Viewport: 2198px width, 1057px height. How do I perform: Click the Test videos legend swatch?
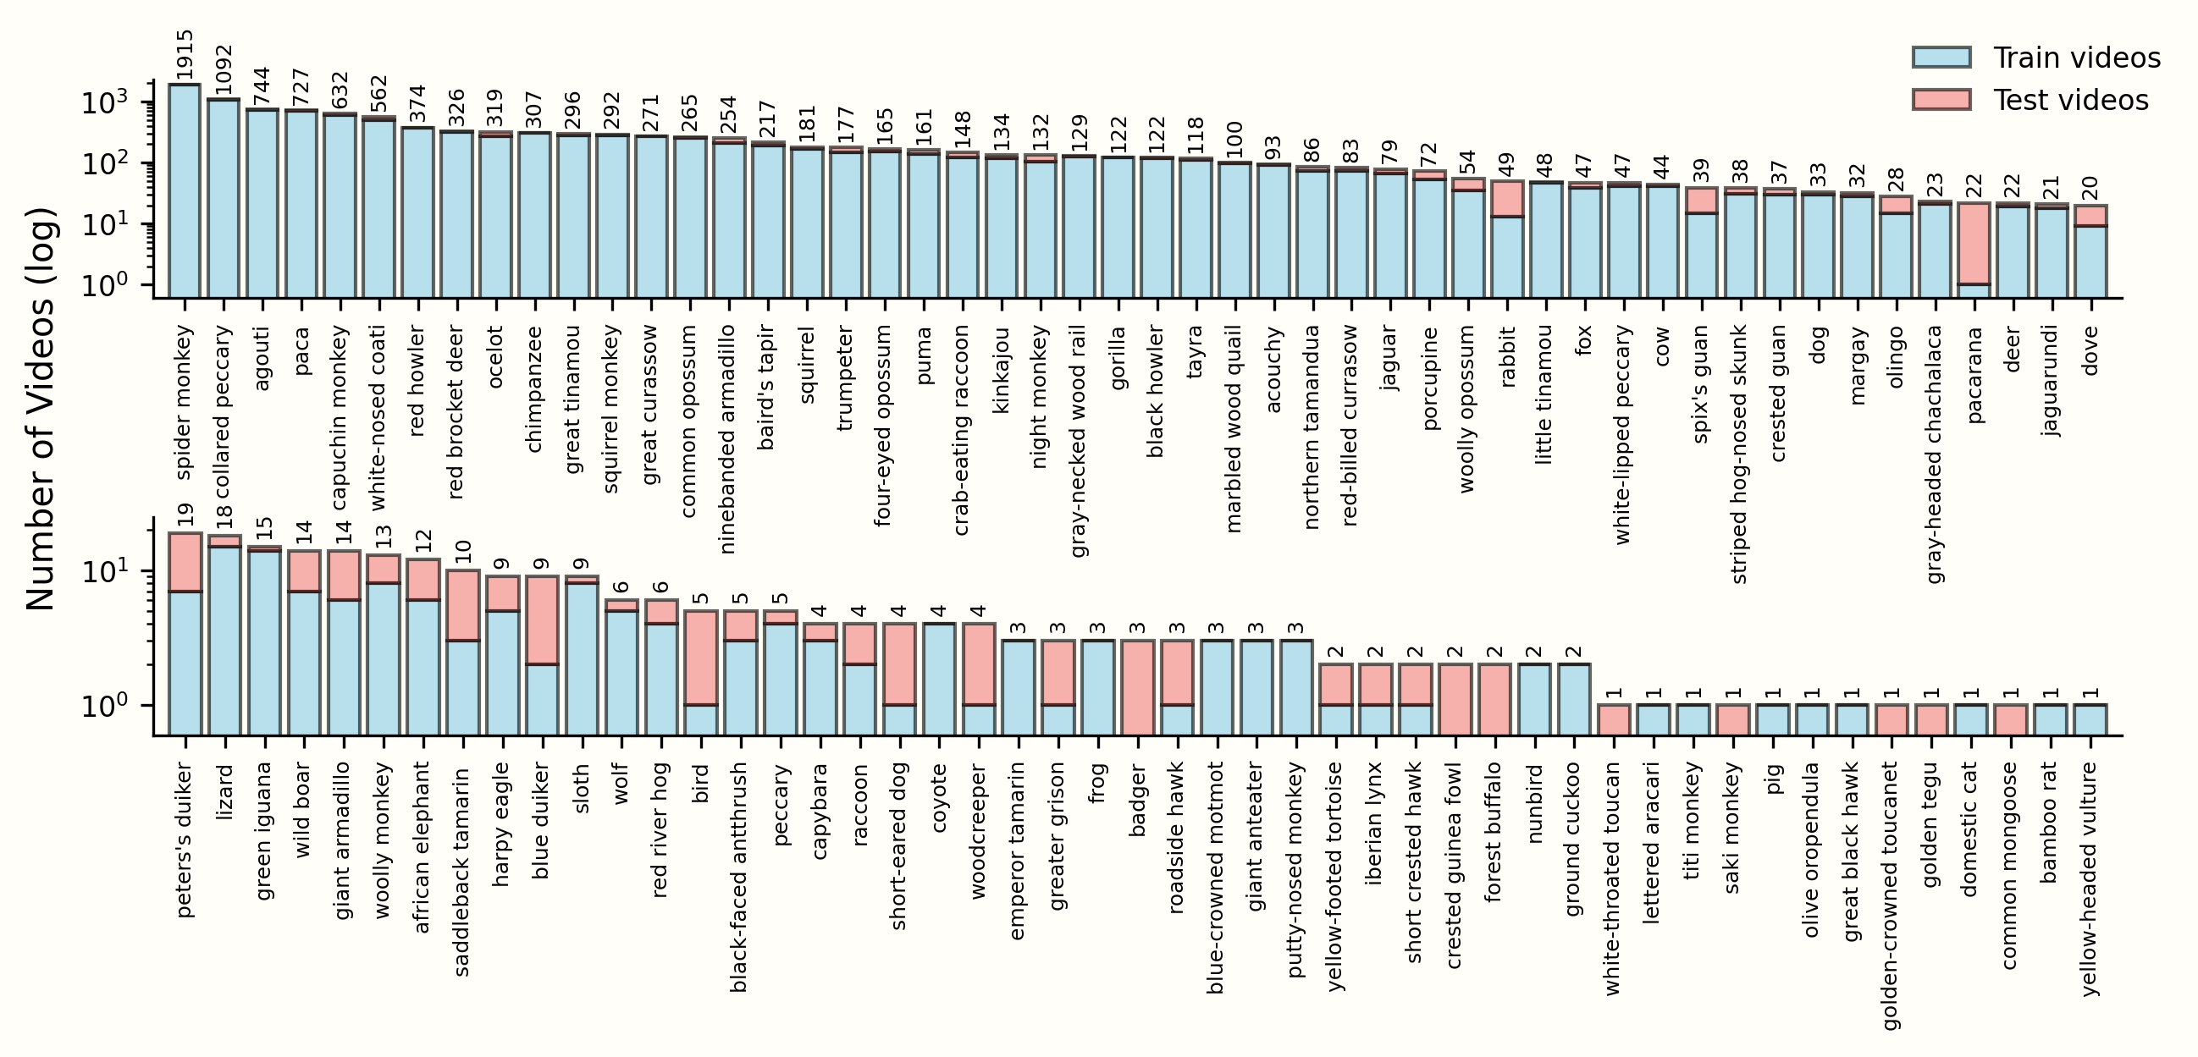[x=1942, y=100]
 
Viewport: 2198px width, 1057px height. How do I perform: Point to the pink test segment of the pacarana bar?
[x=1974, y=242]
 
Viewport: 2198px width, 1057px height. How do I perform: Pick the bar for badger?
[x=1137, y=685]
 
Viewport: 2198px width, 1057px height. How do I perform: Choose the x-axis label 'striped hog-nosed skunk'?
[x=1740, y=454]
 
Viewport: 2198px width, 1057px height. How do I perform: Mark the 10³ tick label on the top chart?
[x=104, y=104]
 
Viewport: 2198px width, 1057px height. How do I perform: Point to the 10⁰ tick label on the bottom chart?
[x=104, y=707]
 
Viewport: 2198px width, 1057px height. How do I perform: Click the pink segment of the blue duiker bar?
[x=542, y=619]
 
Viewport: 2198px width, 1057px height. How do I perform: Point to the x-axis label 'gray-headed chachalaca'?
[x=1936, y=454]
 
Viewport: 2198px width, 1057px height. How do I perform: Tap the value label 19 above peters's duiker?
[x=185, y=515]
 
